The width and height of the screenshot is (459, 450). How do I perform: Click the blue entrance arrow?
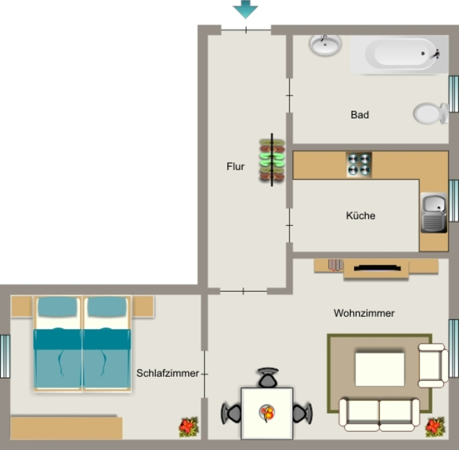pyautogui.click(x=245, y=9)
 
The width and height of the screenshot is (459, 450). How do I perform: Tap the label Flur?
pyautogui.click(x=235, y=166)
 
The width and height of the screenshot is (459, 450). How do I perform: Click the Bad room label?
pyautogui.click(x=360, y=114)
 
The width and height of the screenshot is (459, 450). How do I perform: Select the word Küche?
pyautogui.click(x=361, y=216)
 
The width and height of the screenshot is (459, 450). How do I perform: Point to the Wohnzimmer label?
pyautogui.click(x=364, y=313)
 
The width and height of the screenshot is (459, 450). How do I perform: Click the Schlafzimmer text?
pyautogui.click(x=168, y=373)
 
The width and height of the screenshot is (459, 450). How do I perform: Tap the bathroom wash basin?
pyautogui.click(x=325, y=45)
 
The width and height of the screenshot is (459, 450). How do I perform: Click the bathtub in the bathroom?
pyautogui.click(x=399, y=54)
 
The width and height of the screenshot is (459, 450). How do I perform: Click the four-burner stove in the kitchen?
pyautogui.click(x=359, y=164)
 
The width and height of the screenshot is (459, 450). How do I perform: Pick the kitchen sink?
pyautogui.click(x=434, y=212)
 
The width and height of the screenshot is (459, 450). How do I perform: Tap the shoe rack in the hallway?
pyautogui.click(x=272, y=160)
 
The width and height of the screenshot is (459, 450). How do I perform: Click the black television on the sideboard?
pyautogui.click(x=377, y=268)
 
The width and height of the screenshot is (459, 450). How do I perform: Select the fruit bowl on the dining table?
pyautogui.click(x=267, y=413)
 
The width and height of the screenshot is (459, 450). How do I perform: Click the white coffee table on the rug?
pyautogui.click(x=380, y=369)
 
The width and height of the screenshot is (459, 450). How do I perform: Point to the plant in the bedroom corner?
pyautogui.click(x=189, y=427)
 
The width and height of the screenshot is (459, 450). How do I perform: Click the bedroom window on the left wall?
pyautogui.click(x=5, y=356)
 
